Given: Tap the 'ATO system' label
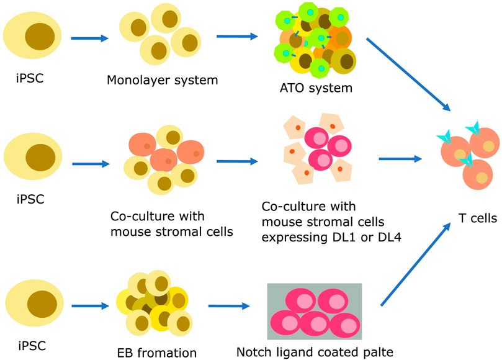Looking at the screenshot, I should point(316,88).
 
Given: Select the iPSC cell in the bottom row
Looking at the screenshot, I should point(32,304).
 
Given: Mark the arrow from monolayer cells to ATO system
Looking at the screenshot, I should point(237,37).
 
